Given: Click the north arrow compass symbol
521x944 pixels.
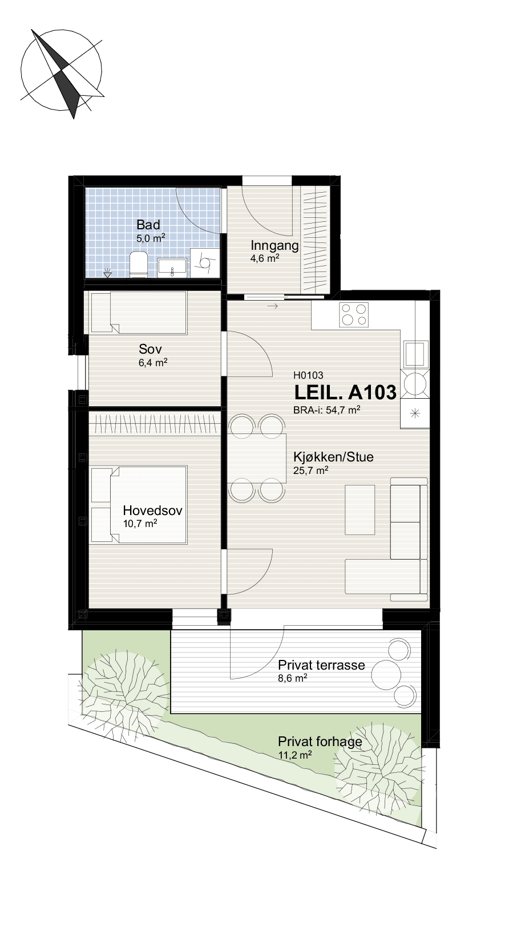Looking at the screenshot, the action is coord(62,72).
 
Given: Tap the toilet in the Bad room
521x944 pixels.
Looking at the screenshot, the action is coord(138,264).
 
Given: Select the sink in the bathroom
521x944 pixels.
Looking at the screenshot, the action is coord(172,268).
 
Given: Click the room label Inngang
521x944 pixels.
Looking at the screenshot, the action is coord(274,246).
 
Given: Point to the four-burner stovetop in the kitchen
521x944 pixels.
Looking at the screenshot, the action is coord(354,314).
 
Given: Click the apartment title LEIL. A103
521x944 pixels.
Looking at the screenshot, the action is coord(345,392).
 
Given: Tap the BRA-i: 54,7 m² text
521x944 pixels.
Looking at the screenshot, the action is coord(326,410).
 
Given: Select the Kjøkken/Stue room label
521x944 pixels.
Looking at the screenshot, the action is coord(333,457).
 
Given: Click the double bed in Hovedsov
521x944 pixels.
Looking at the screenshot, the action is coord(139,504).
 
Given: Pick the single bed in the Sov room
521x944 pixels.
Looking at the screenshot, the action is coord(139,313).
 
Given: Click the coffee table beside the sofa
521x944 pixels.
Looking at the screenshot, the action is coord(360,509).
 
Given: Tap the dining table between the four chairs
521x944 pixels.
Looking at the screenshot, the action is coord(257,458).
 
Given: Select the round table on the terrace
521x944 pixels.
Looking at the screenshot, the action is coord(386,673).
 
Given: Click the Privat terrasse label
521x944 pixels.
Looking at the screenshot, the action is coord(321,665).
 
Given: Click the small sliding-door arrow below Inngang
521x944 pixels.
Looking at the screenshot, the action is coord(273,306).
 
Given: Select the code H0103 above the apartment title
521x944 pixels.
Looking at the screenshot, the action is coord(308,375).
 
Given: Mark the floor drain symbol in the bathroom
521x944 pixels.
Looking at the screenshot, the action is coord(108,273).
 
